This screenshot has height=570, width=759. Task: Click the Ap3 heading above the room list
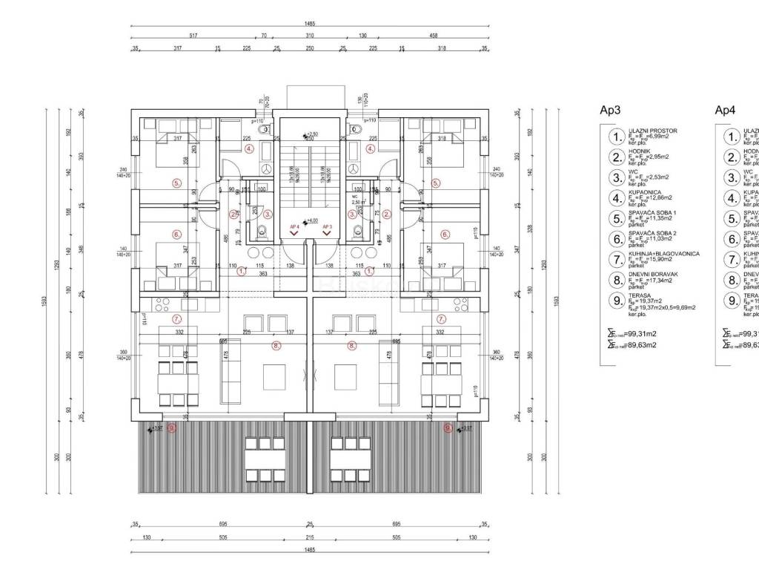coord(610,110)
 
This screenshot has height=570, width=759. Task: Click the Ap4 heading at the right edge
coord(724,110)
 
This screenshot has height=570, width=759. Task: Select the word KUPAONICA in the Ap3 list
coord(644,191)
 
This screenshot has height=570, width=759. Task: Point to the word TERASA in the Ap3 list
coord(639,295)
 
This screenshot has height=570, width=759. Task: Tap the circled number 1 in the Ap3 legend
coord(616,137)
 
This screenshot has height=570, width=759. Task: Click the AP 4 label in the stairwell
coord(294,224)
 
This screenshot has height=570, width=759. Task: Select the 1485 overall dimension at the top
coord(310,24)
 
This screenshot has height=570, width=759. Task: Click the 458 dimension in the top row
coord(433,35)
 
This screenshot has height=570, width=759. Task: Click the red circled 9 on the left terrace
coord(172,427)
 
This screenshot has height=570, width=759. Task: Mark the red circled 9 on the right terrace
coord(448,427)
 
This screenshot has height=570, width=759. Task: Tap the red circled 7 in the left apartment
coord(176,320)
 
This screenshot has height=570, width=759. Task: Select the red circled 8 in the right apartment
coord(352,344)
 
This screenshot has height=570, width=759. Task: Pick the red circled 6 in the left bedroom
coord(176,235)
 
